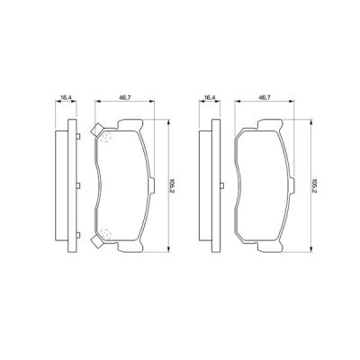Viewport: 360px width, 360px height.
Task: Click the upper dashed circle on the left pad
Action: (x=104, y=138)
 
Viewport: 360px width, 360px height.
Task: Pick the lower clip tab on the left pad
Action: (x=93, y=244)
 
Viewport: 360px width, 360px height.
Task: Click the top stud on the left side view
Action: (x=77, y=135)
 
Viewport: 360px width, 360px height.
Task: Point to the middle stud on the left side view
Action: (x=77, y=187)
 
